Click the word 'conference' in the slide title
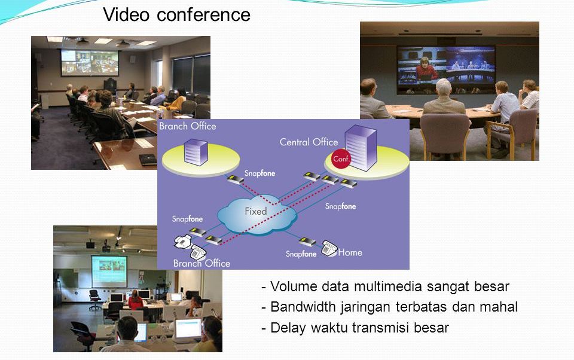click(203, 15)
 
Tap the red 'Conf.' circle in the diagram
click(341, 159)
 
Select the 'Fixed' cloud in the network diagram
click(257, 214)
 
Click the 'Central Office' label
click(309, 142)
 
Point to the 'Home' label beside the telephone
click(350, 252)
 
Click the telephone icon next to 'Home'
click(329, 248)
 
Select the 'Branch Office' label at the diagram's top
click(187, 126)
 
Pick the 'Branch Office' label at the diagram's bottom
click(201, 263)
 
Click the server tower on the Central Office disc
click(361, 147)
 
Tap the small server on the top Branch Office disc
click(196, 152)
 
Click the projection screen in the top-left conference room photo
click(90, 63)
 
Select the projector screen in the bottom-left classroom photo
click(109, 271)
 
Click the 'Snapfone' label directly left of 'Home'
click(301, 254)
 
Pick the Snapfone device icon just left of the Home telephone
click(307, 242)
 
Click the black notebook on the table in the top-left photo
click(148, 159)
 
